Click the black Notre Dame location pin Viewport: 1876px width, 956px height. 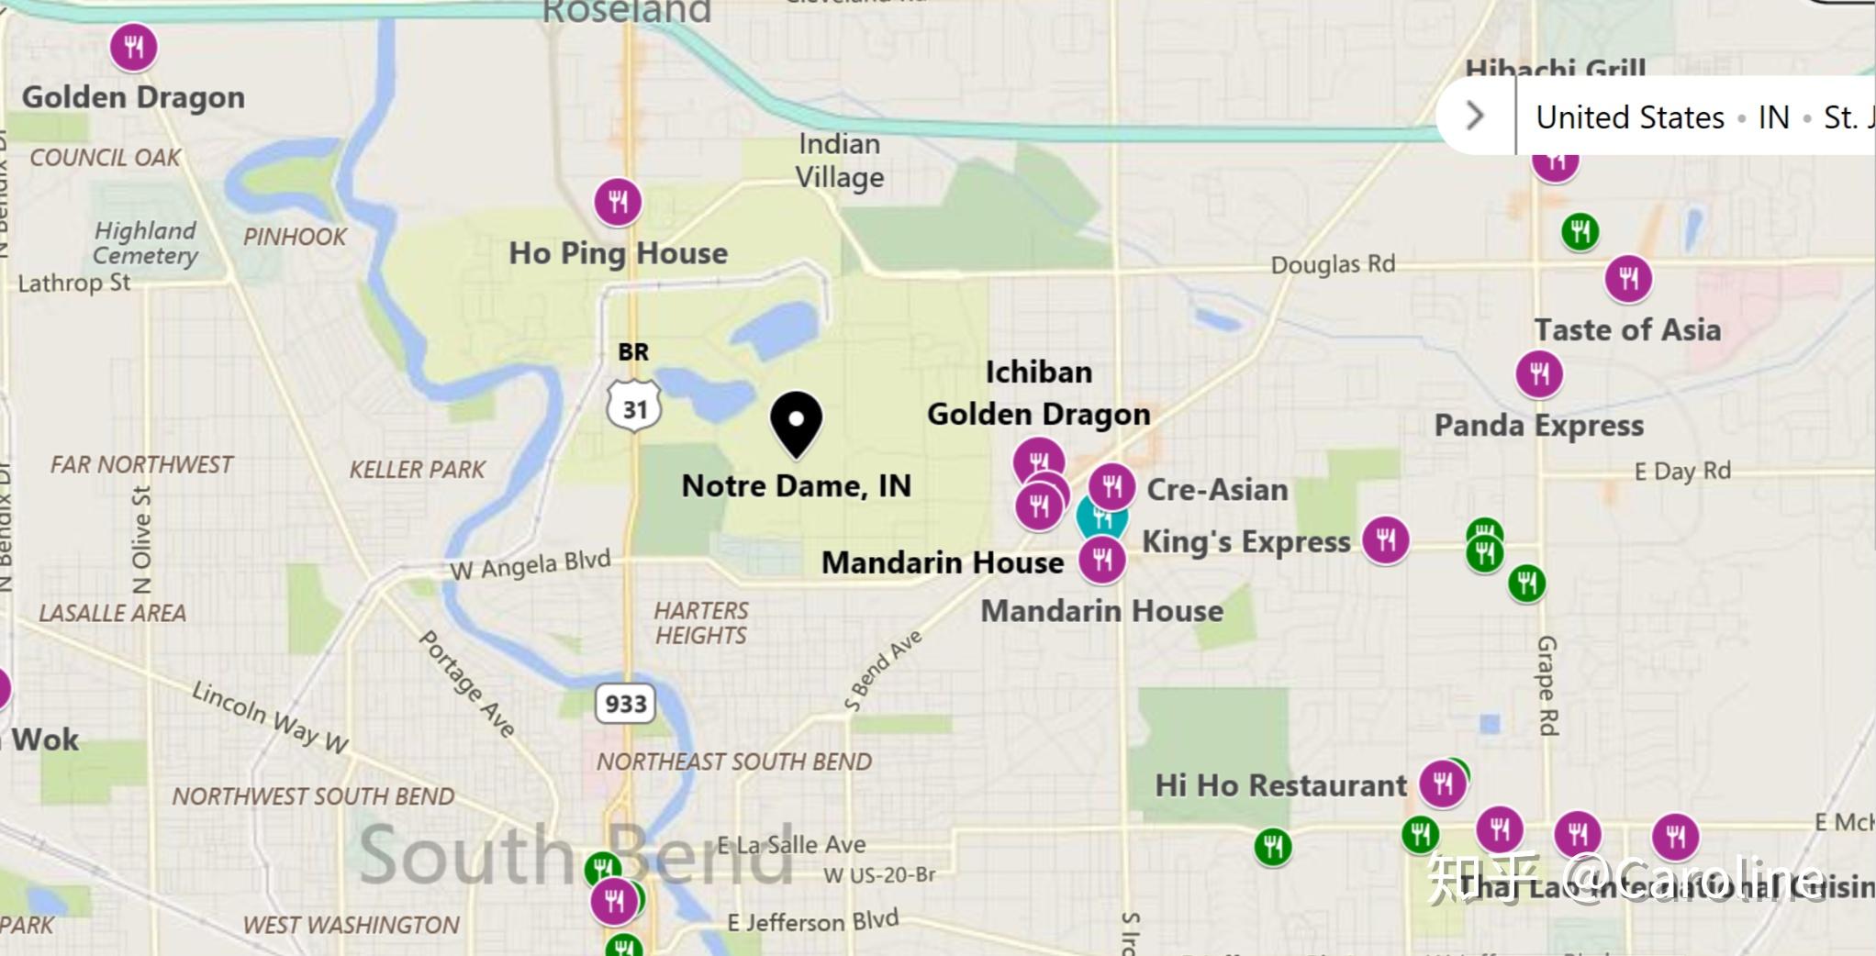796,423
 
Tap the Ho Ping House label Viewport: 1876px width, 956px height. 618,253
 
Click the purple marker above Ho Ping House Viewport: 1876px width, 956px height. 618,202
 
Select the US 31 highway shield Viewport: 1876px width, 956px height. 634,407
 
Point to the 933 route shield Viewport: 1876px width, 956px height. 626,704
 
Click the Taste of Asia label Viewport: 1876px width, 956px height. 1627,330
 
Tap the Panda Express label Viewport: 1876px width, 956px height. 1538,426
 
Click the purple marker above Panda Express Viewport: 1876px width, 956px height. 1539,373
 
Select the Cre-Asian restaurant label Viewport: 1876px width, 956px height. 1217,490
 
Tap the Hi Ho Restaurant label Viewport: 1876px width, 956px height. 1280,786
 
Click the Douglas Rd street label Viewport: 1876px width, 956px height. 1332,265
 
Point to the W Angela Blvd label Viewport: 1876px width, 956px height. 530,565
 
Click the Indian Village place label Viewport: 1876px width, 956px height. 839,161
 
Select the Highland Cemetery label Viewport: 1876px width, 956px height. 146,243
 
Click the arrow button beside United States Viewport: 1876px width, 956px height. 1475,117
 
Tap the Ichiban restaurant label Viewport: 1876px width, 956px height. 1038,372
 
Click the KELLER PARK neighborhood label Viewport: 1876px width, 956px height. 417,470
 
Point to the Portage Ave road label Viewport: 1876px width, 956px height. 466,684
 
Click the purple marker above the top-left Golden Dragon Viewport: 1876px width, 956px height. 134,47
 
